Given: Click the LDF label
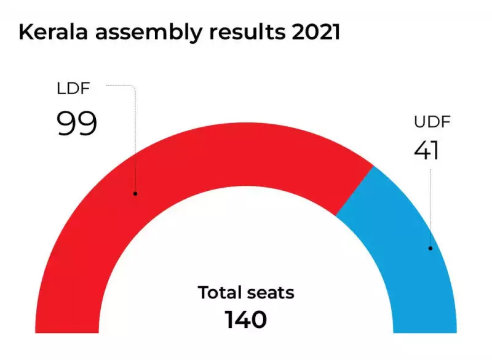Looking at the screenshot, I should pos(73,89).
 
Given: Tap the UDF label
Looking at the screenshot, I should pos(432,121).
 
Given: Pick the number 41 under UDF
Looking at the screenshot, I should pos(427,150).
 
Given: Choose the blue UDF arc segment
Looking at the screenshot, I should pos(406,246).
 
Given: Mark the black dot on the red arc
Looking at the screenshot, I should pos(135,194).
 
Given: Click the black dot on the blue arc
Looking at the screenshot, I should pos(430,249).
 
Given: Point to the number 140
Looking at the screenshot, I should pos(245,319).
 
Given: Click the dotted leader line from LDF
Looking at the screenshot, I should pos(134,135).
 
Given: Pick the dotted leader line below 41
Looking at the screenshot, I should pos(430,203).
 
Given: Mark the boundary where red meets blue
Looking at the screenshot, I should pos(354,191).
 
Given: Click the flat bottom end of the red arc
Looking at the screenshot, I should pos(67,332).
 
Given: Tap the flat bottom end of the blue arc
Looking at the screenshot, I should pos(424,332).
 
